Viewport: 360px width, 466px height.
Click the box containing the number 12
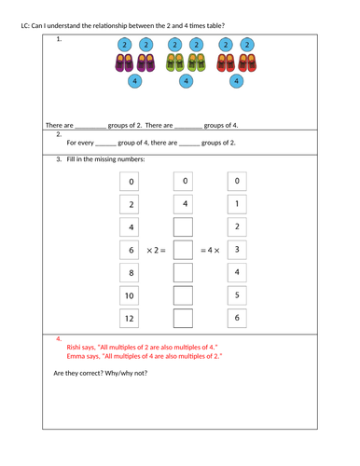tap(132, 318)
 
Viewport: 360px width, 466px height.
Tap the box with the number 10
tap(132, 295)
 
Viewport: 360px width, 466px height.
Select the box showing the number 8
tap(132, 273)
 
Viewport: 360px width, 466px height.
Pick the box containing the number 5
tap(237, 295)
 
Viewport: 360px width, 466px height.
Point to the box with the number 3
tap(237, 250)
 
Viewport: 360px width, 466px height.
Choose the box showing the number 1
tap(237, 204)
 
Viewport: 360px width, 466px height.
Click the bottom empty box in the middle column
tap(184, 318)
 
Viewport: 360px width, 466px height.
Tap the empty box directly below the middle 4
tap(184, 227)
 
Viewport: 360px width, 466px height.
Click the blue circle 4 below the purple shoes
tap(135, 82)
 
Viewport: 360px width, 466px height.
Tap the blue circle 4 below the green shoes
tap(186, 82)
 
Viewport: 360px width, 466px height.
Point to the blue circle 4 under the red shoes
tap(237, 82)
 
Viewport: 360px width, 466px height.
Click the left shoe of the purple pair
tap(125, 63)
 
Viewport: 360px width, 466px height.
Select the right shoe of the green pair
tap(196, 63)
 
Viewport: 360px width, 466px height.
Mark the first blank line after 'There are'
tap(90, 125)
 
